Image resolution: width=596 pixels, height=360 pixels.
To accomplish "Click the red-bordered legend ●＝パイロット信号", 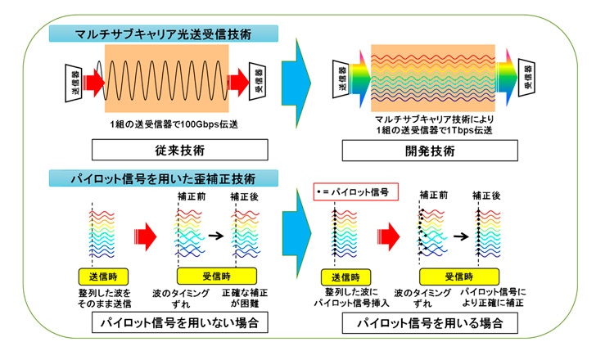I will [356, 192].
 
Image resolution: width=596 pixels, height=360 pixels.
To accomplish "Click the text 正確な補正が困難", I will [243, 298].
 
